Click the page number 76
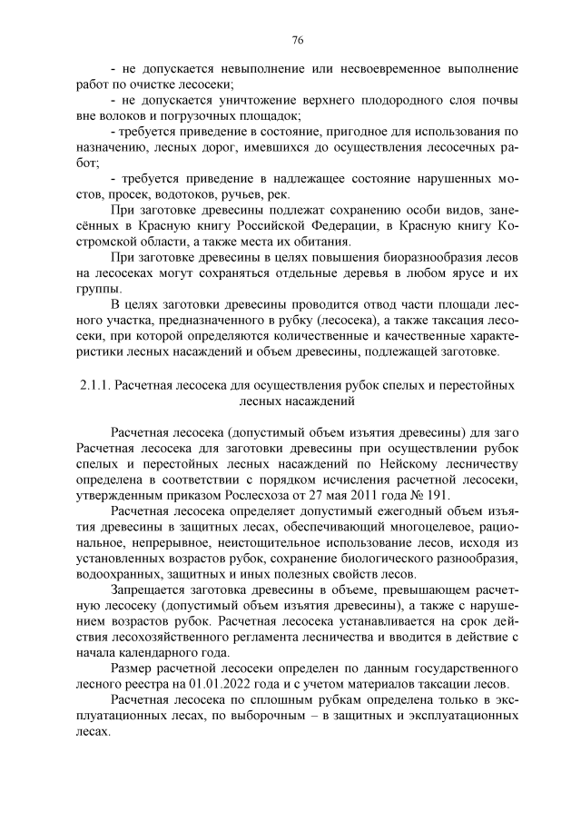(297, 39)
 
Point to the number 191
(437, 495)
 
